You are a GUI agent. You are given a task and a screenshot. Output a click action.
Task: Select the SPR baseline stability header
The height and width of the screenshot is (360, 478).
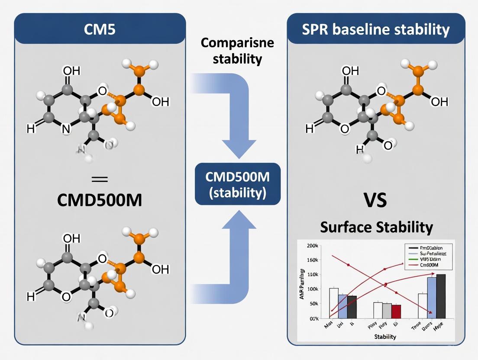point(376,29)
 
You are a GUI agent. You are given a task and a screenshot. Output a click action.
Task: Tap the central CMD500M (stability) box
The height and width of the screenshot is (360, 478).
point(238,184)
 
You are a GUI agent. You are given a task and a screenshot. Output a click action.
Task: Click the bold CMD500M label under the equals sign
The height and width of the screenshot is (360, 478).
point(100,201)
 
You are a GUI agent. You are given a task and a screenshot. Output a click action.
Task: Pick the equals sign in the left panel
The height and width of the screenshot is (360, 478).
point(100,179)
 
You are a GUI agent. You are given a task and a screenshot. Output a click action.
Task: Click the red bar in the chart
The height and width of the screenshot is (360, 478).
point(396,311)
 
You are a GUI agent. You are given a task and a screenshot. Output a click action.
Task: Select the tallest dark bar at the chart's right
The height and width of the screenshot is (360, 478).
point(441,296)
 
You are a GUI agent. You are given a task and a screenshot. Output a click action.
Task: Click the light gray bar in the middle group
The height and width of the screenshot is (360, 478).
point(387,310)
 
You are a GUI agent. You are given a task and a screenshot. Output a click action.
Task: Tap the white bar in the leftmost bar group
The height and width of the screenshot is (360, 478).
point(334,303)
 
